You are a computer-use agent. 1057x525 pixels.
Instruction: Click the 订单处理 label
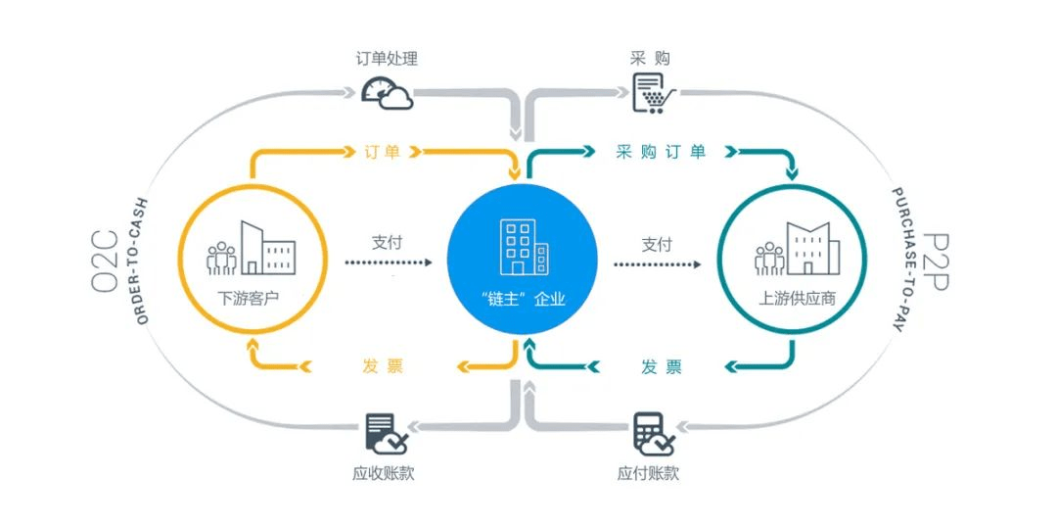pos(386,59)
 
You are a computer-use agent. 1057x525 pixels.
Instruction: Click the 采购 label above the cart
pos(650,59)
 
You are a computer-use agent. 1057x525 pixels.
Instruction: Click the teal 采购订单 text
pos(661,152)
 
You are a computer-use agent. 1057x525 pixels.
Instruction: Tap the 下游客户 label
pos(250,297)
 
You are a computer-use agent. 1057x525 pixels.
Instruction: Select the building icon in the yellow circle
pos(251,250)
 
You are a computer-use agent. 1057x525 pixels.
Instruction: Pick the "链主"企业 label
pos(520,298)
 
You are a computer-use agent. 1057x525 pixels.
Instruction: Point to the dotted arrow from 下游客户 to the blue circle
pos(387,263)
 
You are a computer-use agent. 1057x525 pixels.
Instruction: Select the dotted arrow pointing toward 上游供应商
pos(658,263)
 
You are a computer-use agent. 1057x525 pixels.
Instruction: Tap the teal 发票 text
pos(662,367)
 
